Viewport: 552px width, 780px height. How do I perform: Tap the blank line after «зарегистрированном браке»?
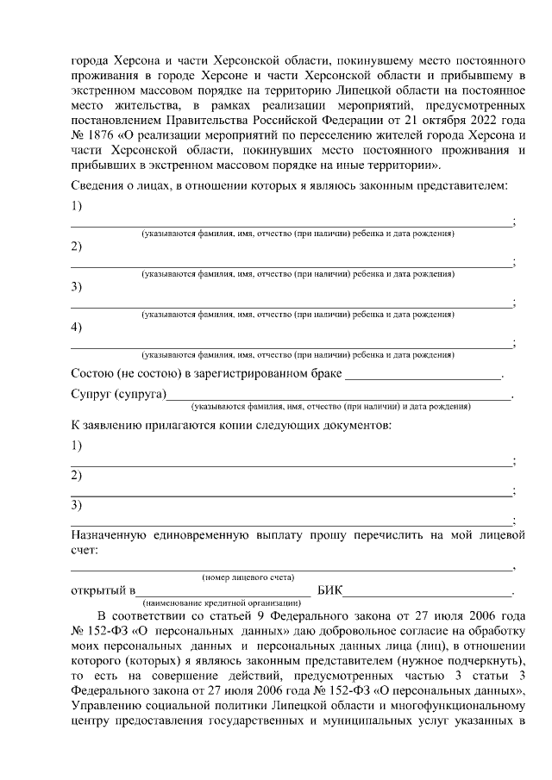tap(422, 376)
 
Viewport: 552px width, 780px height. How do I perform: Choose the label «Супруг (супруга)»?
tap(117, 395)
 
